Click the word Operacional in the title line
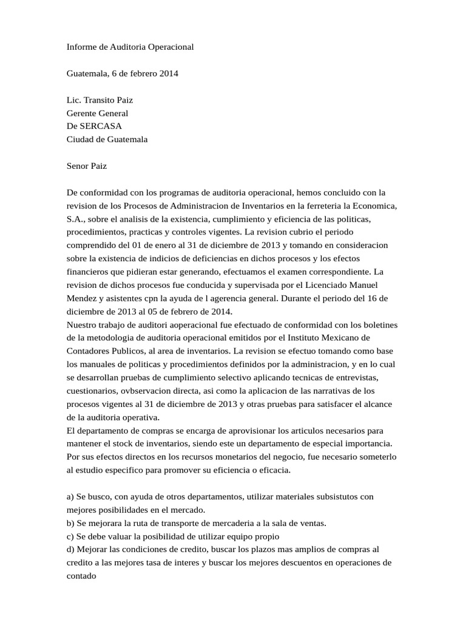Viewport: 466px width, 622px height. [170, 46]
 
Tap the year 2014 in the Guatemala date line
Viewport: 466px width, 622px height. [168, 73]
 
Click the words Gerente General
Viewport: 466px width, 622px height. [97, 113]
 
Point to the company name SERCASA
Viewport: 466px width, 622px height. [101, 126]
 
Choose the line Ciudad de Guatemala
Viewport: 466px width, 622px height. [107, 138]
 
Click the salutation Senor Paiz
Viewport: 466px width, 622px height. [87, 165]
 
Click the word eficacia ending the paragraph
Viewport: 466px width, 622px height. [274, 470]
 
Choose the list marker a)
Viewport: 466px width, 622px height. [70, 497]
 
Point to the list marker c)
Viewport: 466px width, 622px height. [70, 536]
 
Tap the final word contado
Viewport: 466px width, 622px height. [82, 576]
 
